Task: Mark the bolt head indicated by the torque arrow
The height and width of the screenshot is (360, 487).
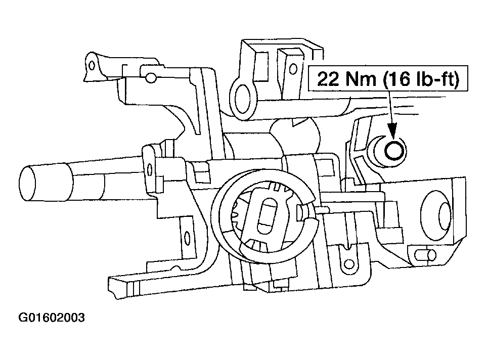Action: (x=394, y=150)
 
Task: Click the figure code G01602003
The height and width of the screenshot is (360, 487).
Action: (x=51, y=318)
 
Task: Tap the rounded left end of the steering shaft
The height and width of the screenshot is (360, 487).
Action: (x=28, y=181)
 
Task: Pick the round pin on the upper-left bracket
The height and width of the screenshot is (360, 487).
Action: (x=150, y=77)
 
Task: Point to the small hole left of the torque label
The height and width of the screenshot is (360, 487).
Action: (x=291, y=67)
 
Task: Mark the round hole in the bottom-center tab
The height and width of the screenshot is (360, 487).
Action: (x=347, y=262)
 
